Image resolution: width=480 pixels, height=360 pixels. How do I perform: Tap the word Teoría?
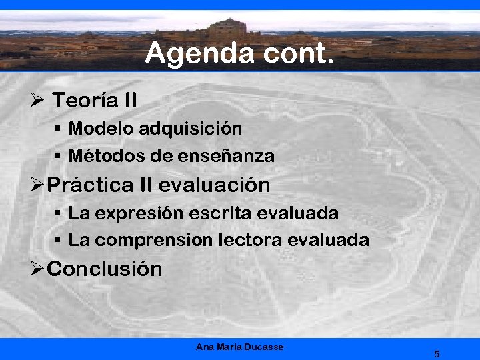tap(85, 101)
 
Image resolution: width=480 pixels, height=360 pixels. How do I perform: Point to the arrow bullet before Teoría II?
tap(37, 101)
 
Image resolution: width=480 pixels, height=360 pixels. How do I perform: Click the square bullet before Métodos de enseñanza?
tap(58, 157)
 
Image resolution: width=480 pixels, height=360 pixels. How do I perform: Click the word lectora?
tap(251, 240)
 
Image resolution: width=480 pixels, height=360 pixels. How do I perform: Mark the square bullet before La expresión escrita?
tap(58, 214)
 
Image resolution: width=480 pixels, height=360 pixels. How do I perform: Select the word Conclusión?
tap(105, 269)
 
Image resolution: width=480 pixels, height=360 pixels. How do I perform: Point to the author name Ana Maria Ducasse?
tap(240, 347)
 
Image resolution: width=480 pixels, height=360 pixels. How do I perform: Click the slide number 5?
tap(437, 353)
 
